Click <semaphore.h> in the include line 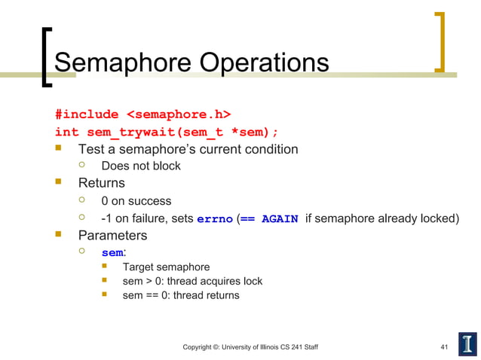point(178,114)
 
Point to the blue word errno point(214,220)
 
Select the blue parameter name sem point(112,253)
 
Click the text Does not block point(141,166)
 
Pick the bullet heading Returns point(102,183)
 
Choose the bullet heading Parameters point(113,236)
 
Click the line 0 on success point(136,201)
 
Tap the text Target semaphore point(166,267)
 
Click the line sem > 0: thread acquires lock point(192,281)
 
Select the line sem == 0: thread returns point(181,295)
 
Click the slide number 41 point(445,346)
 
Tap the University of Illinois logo point(467,343)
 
